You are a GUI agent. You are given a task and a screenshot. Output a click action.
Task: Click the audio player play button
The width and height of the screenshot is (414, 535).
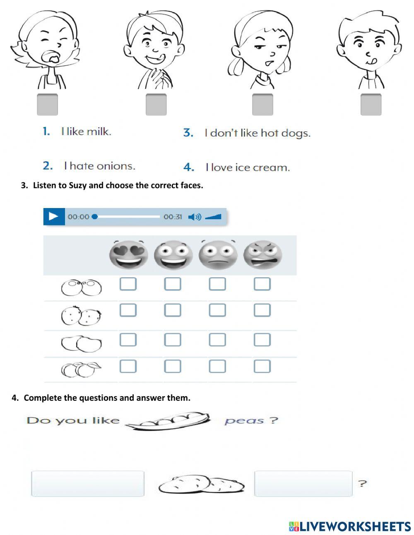click(54, 216)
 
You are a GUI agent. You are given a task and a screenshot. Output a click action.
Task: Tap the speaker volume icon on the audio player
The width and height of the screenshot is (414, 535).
click(194, 217)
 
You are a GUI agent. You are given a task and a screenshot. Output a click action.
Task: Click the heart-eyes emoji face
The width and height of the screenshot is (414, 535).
click(128, 254)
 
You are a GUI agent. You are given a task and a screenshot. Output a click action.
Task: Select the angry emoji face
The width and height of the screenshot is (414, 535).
click(262, 254)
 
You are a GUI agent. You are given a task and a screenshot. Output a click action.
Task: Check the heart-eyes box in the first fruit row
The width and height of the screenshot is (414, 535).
click(128, 284)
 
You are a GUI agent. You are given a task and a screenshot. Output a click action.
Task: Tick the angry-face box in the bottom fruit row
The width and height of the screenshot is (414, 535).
click(262, 366)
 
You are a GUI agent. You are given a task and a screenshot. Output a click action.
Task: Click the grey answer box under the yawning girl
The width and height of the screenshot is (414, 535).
click(47, 104)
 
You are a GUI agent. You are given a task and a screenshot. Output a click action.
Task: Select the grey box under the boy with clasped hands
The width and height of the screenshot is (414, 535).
click(156, 104)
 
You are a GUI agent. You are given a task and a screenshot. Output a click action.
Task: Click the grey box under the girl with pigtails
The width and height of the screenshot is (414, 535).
click(262, 104)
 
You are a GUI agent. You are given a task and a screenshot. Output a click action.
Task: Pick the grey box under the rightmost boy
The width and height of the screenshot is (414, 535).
click(371, 104)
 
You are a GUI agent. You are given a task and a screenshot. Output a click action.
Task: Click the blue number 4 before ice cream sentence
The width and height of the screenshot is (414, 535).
click(189, 167)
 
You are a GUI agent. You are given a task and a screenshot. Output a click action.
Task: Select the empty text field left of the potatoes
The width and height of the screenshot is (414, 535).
click(88, 484)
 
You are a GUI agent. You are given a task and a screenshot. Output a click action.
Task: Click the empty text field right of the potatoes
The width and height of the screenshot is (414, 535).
click(303, 484)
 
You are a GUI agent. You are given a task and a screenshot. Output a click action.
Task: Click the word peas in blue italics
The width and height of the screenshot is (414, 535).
click(244, 421)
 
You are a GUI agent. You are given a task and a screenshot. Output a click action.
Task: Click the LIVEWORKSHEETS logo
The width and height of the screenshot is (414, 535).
click(350, 526)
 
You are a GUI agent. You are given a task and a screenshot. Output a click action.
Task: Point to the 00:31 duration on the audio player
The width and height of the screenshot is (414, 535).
click(173, 217)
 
